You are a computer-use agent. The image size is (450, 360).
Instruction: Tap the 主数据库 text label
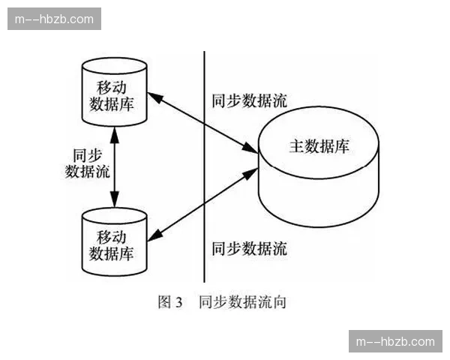319,146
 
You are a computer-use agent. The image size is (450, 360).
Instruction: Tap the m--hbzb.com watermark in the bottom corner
395,341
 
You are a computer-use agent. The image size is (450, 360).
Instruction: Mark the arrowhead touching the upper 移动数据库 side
152,96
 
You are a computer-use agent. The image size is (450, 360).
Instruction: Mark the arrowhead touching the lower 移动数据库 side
153,236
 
